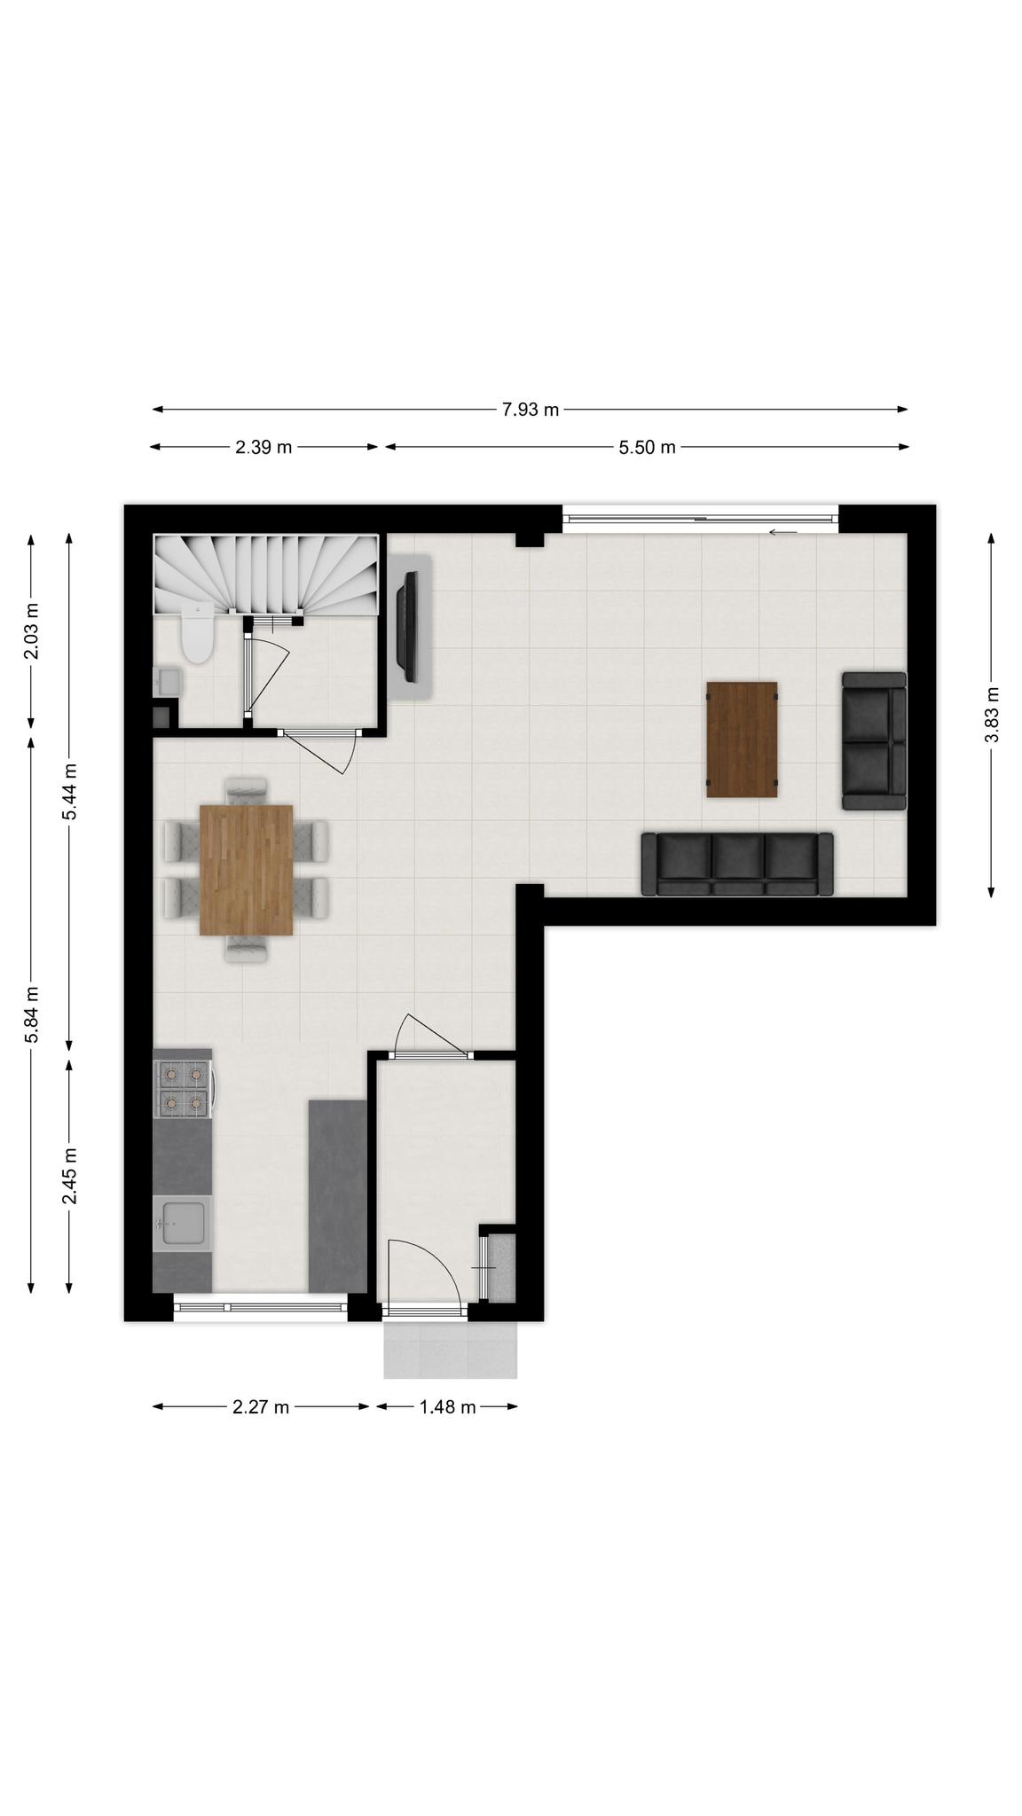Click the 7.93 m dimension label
click(x=531, y=410)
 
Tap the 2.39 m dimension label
click(x=263, y=447)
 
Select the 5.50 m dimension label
click(x=647, y=447)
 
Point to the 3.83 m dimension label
click(x=991, y=715)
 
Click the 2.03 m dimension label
click(x=31, y=631)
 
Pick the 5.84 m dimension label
click(x=31, y=1014)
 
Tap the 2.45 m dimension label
click(x=69, y=1176)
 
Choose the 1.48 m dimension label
click(x=447, y=1407)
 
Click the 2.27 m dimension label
click(x=261, y=1407)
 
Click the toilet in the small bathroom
click(x=197, y=632)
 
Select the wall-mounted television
click(x=408, y=627)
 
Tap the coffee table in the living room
click(x=742, y=740)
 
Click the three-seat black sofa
click(x=737, y=864)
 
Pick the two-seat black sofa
click(x=874, y=741)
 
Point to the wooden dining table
click(x=247, y=870)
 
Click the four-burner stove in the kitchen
click(x=184, y=1089)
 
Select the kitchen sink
click(x=182, y=1224)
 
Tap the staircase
click(x=266, y=574)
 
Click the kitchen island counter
click(x=337, y=1196)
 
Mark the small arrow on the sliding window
click(x=782, y=532)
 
